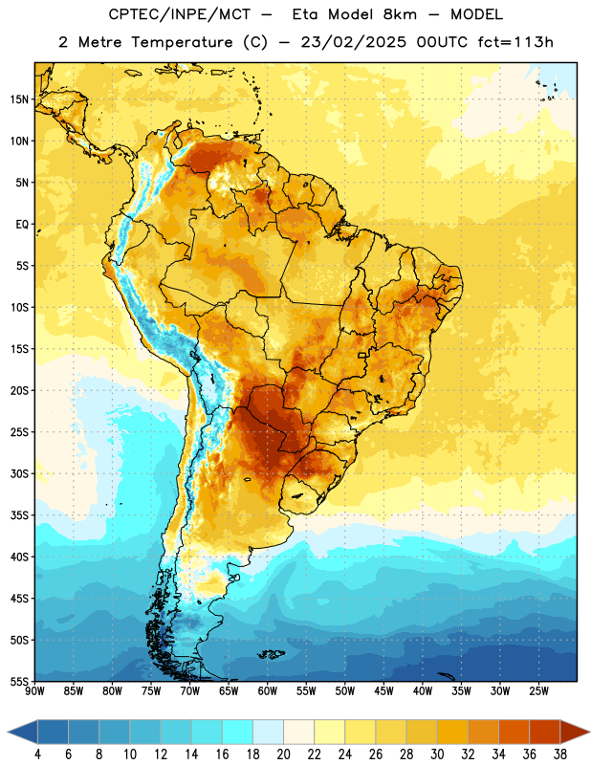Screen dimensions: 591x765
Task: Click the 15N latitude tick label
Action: [x=19, y=99]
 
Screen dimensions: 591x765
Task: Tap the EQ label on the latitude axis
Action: [x=22, y=225]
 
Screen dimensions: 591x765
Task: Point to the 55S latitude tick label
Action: [x=19, y=681]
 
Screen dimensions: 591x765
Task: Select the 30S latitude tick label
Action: [x=19, y=473]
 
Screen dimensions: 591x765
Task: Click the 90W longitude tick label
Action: [x=35, y=690]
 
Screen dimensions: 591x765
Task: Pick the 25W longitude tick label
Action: [x=538, y=690]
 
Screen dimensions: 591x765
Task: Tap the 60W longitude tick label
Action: [x=268, y=690]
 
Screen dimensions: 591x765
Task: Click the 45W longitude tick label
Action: [x=383, y=690]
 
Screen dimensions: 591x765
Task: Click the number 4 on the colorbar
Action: [x=37, y=754]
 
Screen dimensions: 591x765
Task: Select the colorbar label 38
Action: [x=559, y=754]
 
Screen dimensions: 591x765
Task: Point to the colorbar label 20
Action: [x=283, y=754]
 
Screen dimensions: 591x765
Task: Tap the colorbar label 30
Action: [x=437, y=754]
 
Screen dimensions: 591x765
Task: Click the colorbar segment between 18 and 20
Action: [x=269, y=732]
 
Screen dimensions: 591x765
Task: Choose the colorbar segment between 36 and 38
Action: [x=545, y=732]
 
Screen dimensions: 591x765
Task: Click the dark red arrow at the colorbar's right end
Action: [x=574, y=732]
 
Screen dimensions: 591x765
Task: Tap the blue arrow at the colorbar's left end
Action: [x=22, y=732]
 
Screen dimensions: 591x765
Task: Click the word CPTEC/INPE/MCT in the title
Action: [x=180, y=14]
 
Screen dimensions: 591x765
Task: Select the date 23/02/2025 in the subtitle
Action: [x=353, y=42]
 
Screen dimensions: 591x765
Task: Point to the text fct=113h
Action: [x=515, y=42]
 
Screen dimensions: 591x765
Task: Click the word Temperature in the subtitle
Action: [x=182, y=43]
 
